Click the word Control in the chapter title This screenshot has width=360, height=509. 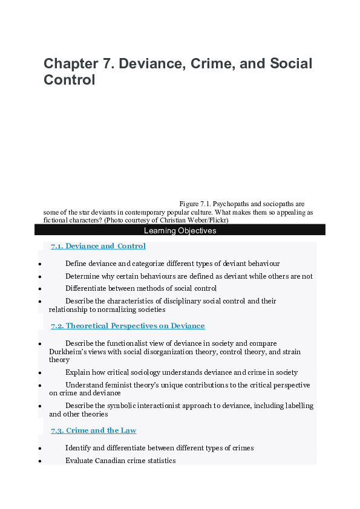point(70,80)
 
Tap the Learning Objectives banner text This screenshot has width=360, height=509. point(180,230)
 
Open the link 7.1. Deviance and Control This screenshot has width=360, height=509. point(98,246)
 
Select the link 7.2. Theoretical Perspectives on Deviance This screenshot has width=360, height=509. point(128,326)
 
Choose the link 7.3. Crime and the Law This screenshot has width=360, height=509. point(93,430)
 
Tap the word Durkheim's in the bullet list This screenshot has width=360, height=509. point(69,351)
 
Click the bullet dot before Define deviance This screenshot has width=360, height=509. point(39,264)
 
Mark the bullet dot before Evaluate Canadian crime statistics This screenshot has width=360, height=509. point(39,461)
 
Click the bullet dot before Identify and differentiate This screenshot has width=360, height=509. point(39,449)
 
